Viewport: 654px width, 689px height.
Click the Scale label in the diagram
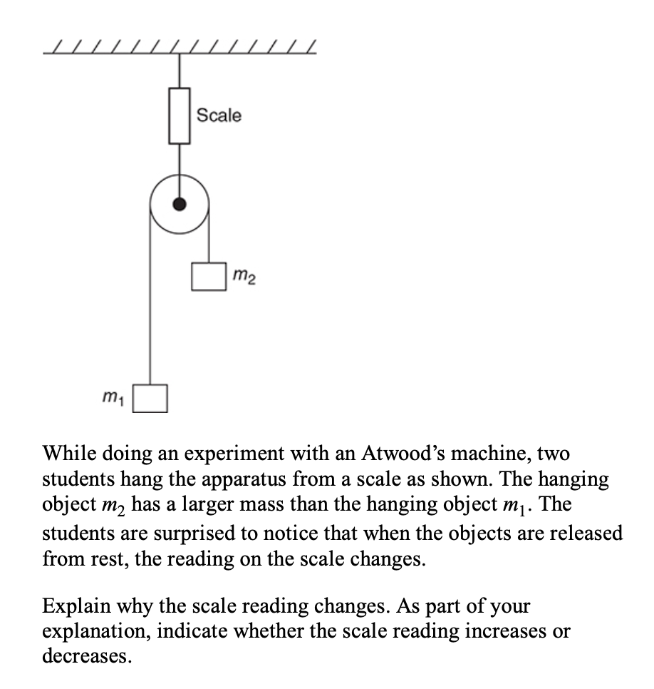click(x=219, y=115)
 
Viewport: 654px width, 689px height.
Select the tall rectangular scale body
click(x=179, y=116)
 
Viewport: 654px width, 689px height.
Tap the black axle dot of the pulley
click(x=180, y=205)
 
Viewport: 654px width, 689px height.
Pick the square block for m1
click(x=151, y=398)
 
